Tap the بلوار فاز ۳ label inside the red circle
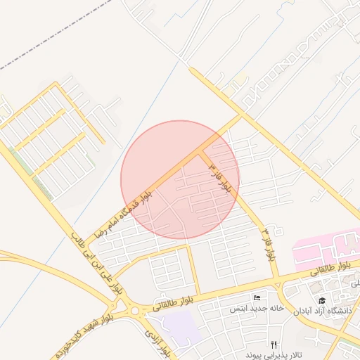219,177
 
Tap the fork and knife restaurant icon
274,345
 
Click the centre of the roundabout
133,309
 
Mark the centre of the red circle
180,179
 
